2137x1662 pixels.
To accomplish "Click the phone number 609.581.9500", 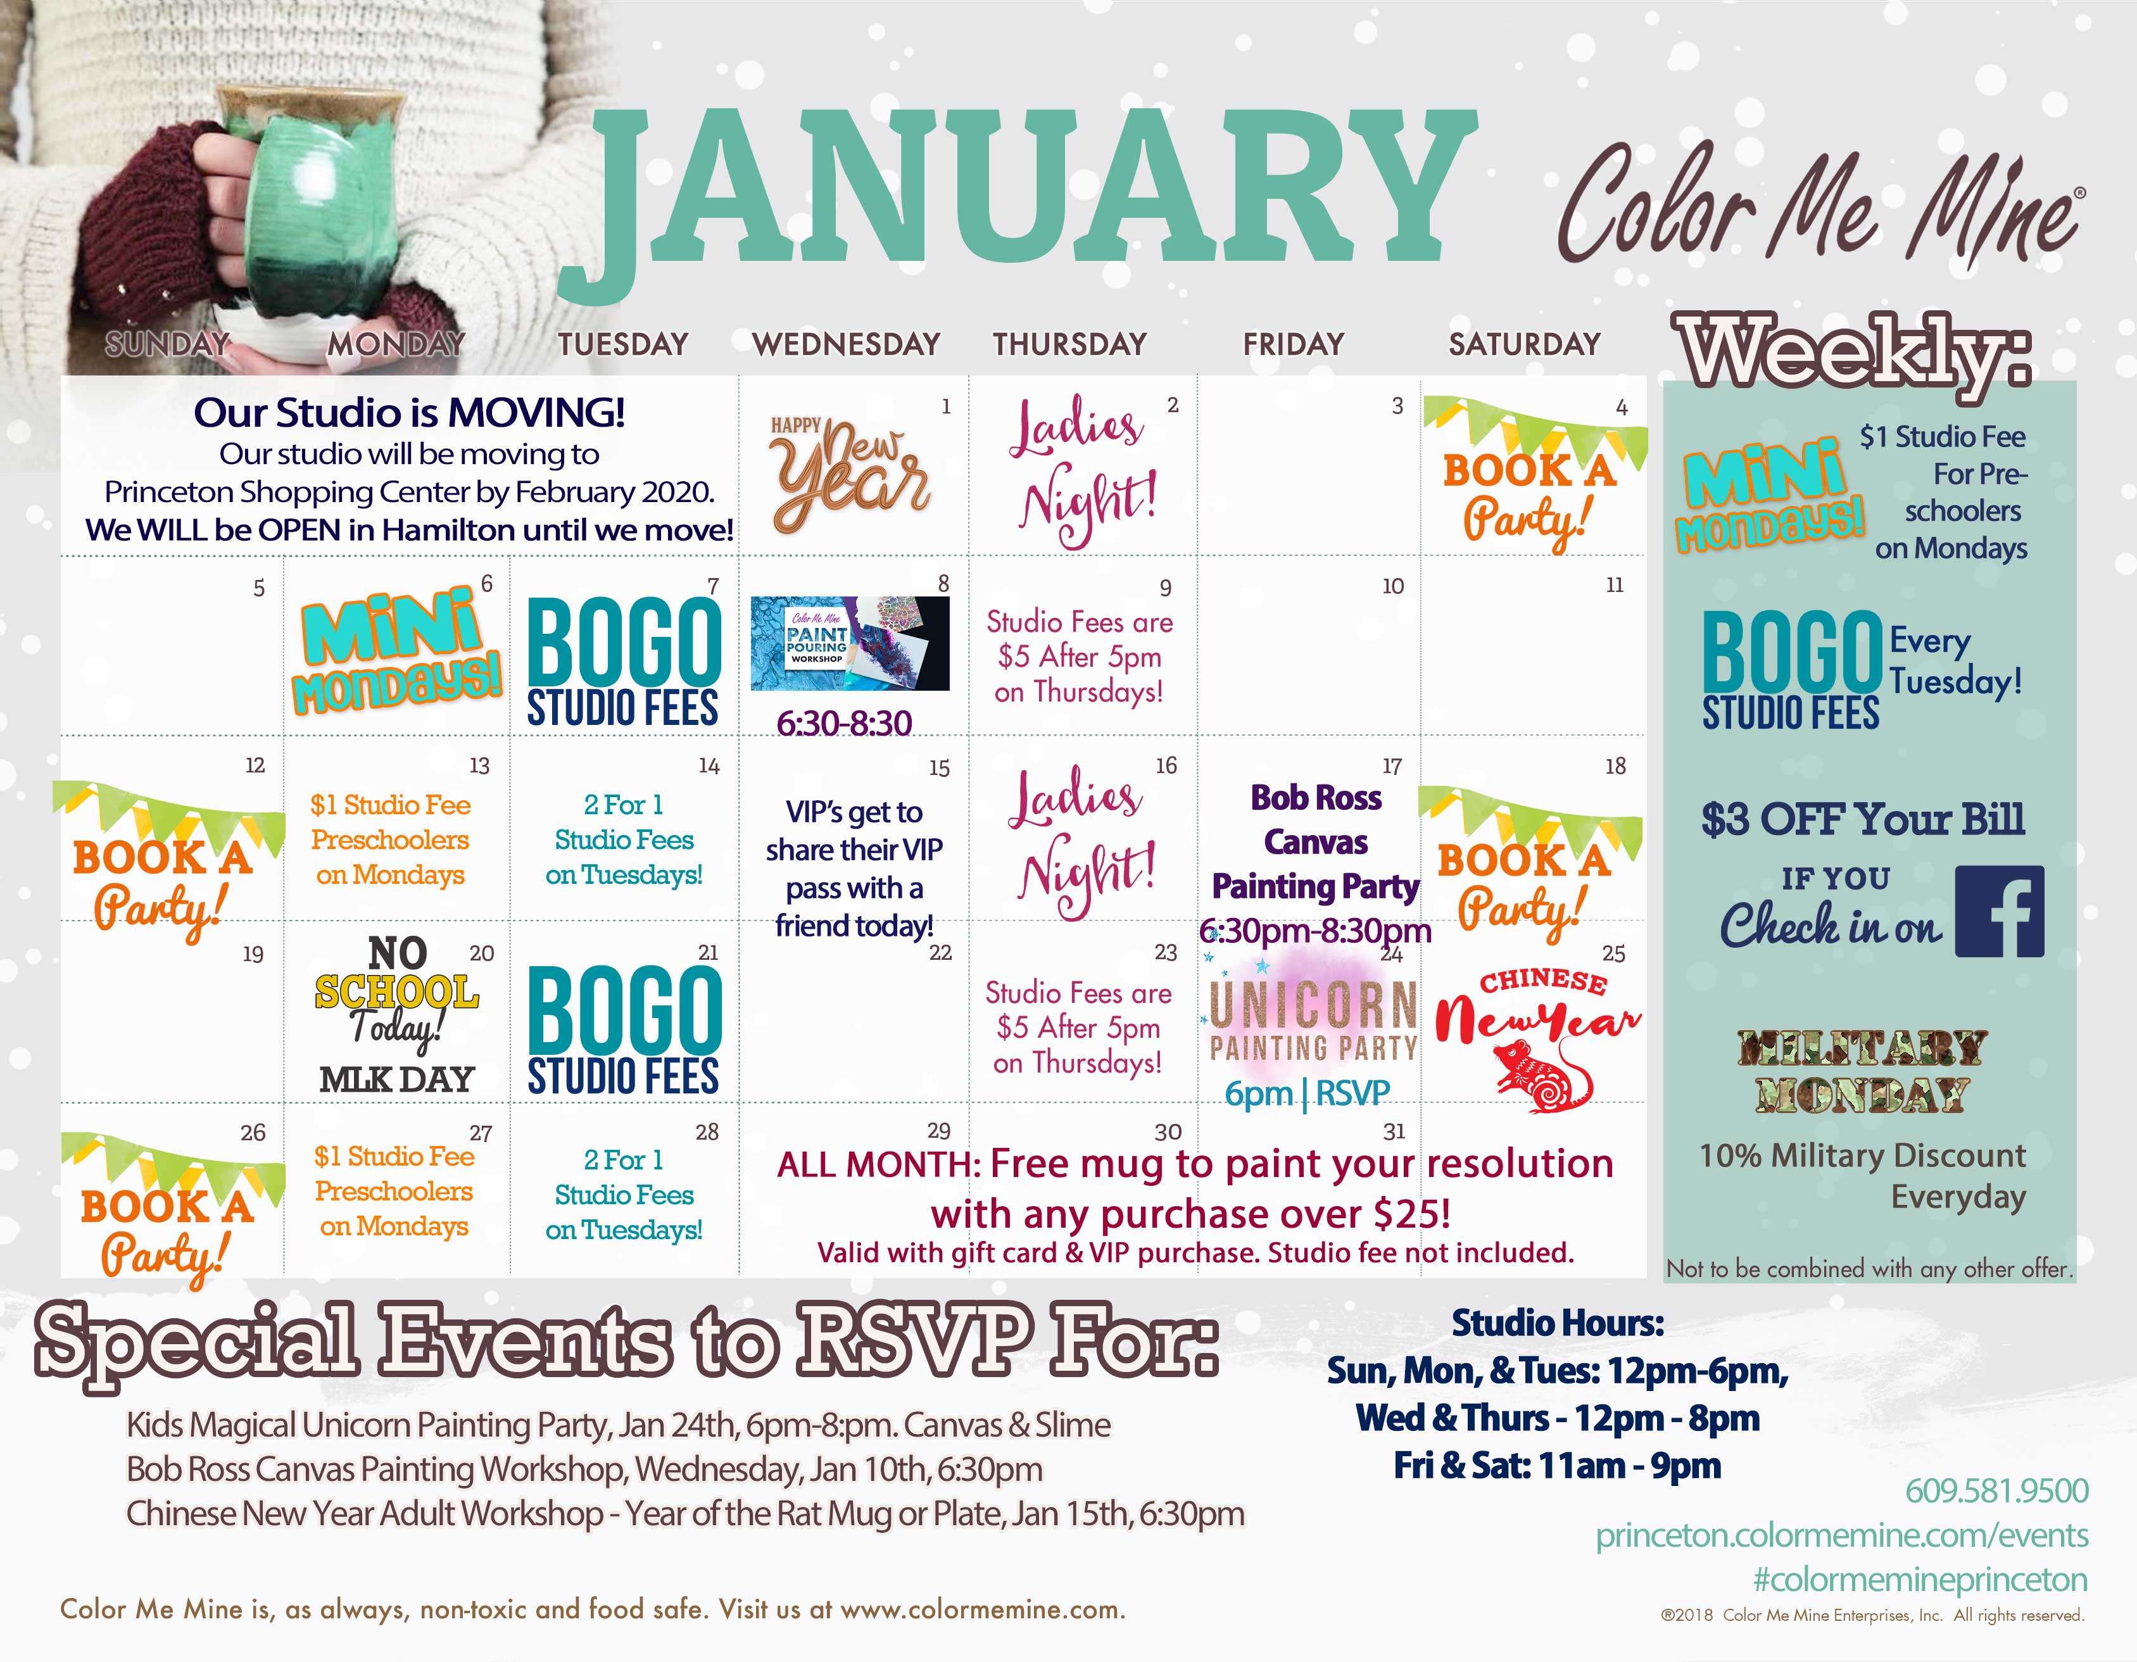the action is (1996, 1491).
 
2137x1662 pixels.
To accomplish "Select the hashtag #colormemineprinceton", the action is (1920, 1580).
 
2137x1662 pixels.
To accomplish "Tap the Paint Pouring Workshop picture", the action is (849, 644).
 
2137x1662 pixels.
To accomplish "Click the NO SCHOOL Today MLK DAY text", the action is (397, 1014).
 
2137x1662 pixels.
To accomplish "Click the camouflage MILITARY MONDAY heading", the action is (1862, 1072).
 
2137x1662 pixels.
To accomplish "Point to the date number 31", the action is (1394, 1132).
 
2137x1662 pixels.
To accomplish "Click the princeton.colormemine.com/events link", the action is (1841, 1536).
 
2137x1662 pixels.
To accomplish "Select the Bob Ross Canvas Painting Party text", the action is (1316, 841).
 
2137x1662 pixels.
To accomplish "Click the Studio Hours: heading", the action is (1558, 1323).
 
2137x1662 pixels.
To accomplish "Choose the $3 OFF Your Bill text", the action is (1863, 820).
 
